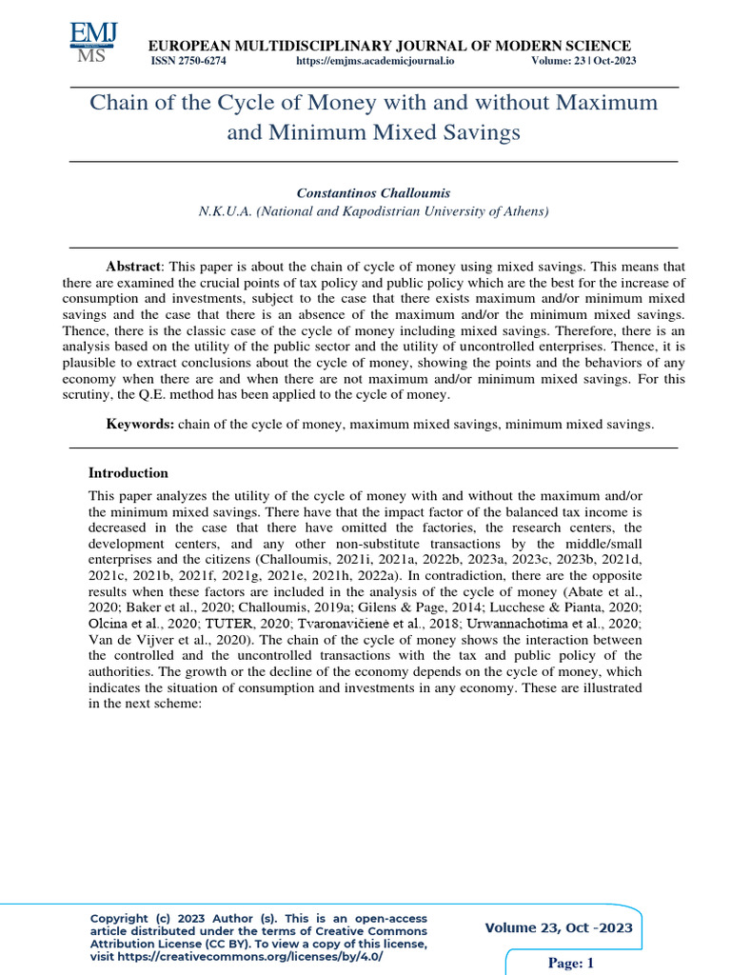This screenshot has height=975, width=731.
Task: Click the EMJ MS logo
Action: (x=93, y=42)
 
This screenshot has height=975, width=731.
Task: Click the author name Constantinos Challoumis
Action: (x=373, y=192)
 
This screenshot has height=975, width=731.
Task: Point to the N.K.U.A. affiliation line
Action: (x=373, y=211)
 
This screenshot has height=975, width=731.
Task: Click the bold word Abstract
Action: (x=133, y=267)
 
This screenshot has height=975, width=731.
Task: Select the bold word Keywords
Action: (x=139, y=424)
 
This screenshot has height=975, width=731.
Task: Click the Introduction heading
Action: (x=128, y=473)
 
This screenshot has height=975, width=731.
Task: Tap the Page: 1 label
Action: (x=571, y=964)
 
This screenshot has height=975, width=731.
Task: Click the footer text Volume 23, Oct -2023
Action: (x=559, y=928)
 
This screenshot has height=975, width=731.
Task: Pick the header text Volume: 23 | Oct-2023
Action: (x=583, y=61)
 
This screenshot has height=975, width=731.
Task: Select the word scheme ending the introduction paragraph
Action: (x=182, y=704)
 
